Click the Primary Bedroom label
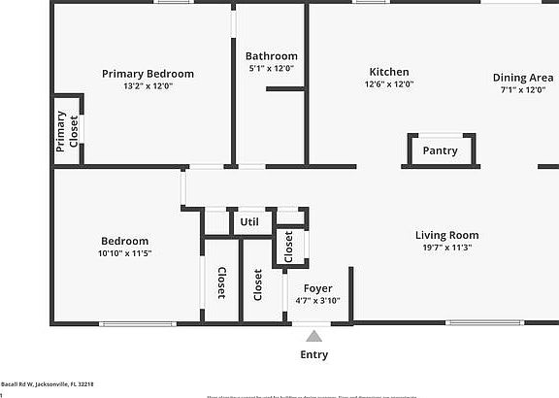click(x=148, y=74)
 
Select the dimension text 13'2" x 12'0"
click(x=148, y=86)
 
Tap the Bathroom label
click(x=271, y=56)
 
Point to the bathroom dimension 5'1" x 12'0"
click(x=271, y=69)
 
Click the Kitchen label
click(x=389, y=72)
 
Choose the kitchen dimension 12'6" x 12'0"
click(x=389, y=84)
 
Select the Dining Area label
click(x=522, y=78)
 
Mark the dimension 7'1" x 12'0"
click(x=522, y=90)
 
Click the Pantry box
click(x=440, y=150)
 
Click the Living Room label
click(x=446, y=235)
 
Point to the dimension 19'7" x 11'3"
click(x=446, y=248)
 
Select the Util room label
click(x=249, y=222)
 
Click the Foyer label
click(x=317, y=288)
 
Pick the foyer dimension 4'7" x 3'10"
click(x=317, y=301)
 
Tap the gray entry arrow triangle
click(x=313, y=336)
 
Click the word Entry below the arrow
click(x=313, y=354)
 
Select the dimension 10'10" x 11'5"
click(x=124, y=253)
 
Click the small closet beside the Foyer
click(x=289, y=247)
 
